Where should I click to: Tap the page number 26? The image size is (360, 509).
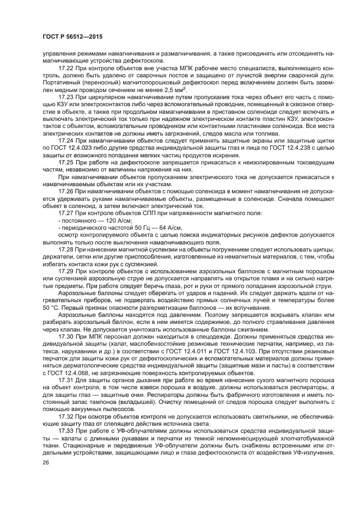pos(46,463)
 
